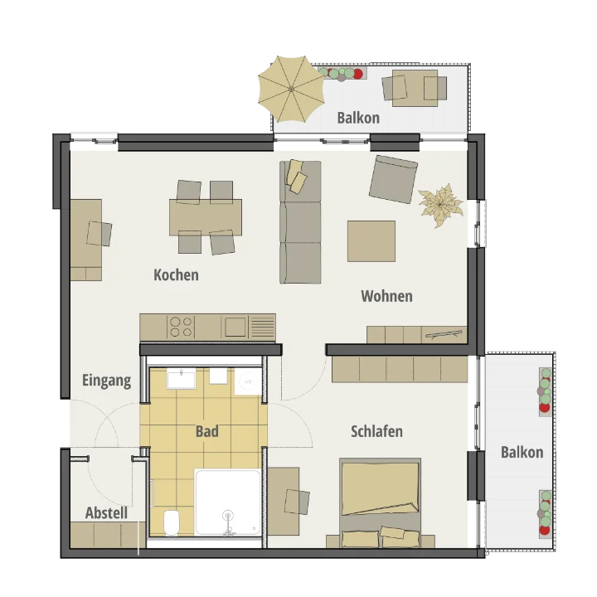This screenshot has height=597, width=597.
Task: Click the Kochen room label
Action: pyautogui.click(x=177, y=275)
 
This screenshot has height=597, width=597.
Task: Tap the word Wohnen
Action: pyautogui.click(x=387, y=296)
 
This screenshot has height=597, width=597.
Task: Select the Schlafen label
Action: pyautogui.click(x=376, y=431)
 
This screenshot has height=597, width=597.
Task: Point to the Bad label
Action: pyautogui.click(x=207, y=431)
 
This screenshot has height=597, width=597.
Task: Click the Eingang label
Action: pyautogui.click(x=107, y=381)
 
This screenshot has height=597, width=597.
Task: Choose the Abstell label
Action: pyautogui.click(x=106, y=513)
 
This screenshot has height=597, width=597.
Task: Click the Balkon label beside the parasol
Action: pyautogui.click(x=358, y=118)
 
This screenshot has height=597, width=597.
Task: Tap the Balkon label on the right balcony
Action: pyautogui.click(x=522, y=453)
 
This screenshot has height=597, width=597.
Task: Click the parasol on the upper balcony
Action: pyautogui.click(x=291, y=89)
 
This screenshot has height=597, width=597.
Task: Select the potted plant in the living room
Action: pyautogui.click(x=441, y=206)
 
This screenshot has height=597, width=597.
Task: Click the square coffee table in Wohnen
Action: pyautogui.click(x=371, y=241)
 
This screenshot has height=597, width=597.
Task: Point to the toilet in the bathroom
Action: pyautogui.click(x=172, y=522)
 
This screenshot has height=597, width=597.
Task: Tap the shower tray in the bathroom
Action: pyautogui.click(x=228, y=502)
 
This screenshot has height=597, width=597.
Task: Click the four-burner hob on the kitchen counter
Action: pyautogui.click(x=181, y=327)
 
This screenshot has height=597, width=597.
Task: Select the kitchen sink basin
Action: pyautogui.click(x=235, y=327)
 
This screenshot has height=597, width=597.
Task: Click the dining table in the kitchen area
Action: pyautogui.click(x=206, y=217)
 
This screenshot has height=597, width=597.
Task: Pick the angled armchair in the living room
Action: pyautogui.click(x=393, y=179)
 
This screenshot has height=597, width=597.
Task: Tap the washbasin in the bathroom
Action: pyautogui.click(x=182, y=379)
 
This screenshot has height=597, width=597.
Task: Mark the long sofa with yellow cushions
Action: pyautogui.click(x=300, y=222)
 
